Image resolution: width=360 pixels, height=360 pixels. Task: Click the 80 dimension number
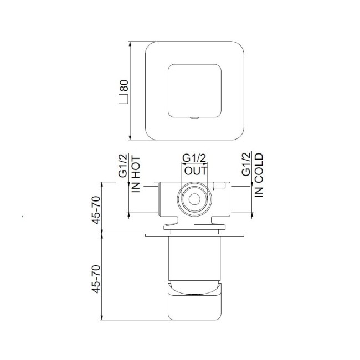coord(124,86)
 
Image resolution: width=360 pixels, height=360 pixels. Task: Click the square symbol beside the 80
coord(124,99)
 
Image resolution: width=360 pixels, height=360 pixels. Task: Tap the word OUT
coord(196,171)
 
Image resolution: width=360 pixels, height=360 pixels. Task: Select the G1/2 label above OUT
coord(194,158)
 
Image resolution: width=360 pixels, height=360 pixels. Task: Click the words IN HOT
coord(136,174)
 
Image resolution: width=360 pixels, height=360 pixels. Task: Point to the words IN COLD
coord(259,175)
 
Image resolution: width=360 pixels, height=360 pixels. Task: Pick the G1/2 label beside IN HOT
coord(122,166)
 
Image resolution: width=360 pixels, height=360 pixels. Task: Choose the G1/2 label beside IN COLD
coord(246,164)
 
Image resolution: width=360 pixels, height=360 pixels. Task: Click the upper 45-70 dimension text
coord(96,210)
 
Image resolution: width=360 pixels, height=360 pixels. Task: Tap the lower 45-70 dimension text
coord(96,279)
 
